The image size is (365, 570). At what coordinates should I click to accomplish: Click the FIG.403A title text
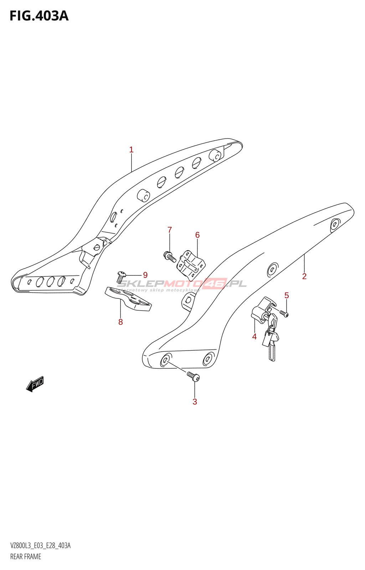point(39,16)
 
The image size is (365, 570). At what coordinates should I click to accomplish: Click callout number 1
point(131,150)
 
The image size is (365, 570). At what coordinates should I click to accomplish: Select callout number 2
point(304,276)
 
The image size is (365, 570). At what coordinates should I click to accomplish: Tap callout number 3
point(195,402)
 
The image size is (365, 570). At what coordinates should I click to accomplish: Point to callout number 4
point(254,337)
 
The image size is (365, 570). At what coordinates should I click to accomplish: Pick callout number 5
point(287,295)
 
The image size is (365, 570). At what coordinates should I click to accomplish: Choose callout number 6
point(197,235)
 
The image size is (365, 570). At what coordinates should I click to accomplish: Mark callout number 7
point(170,230)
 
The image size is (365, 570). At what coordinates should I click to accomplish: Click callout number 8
point(120,322)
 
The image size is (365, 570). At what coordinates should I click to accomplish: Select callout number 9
point(145,275)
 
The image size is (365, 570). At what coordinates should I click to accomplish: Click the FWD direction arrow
point(35,384)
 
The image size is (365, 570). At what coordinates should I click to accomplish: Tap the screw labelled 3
point(193,376)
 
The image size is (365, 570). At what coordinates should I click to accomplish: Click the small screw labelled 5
point(284,313)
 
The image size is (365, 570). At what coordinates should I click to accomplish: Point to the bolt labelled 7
point(169,256)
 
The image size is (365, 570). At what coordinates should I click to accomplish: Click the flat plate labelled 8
point(128,299)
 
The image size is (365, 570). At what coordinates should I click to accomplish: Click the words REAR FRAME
point(26,556)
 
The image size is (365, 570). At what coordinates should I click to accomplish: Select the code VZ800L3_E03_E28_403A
point(40,546)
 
